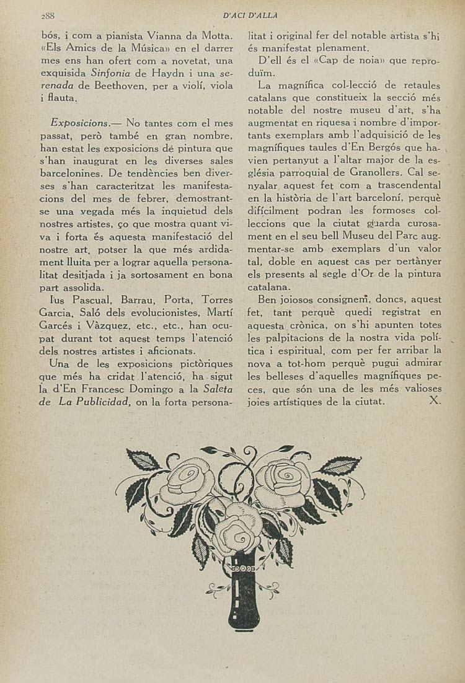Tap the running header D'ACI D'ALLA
click(250, 15)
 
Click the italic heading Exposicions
click(81, 123)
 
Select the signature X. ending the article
click(434, 401)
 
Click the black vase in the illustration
click(244, 592)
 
